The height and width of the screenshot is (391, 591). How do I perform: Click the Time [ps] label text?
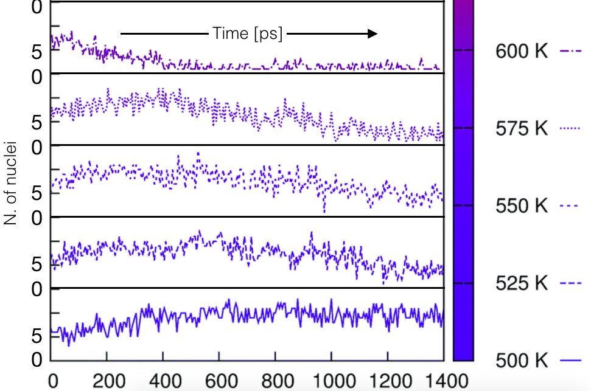pyautogui.click(x=248, y=33)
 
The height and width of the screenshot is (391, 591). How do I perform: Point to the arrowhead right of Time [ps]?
pyautogui.click(x=372, y=33)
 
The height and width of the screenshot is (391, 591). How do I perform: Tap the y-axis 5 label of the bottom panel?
pyautogui.click(x=37, y=335)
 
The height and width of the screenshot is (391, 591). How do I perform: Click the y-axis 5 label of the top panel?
pyautogui.click(x=37, y=52)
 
